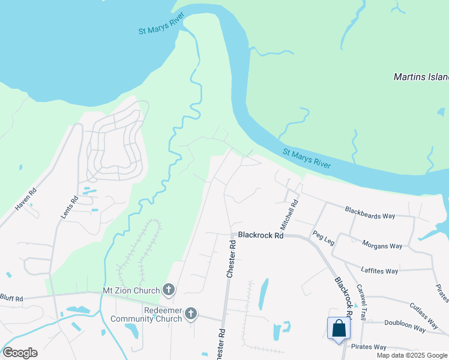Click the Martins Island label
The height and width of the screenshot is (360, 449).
pos(421,77)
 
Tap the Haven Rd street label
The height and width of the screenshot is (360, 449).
pos(26,197)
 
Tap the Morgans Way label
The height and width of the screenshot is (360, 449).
pos(382,245)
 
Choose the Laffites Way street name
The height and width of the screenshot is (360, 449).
pos(379,271)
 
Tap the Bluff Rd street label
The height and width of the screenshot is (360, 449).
pos(11,298)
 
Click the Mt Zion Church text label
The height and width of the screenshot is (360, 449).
pos(131,290)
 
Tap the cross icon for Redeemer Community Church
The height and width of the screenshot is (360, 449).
pos(191,313)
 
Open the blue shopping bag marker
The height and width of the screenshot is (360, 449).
pos(339,329)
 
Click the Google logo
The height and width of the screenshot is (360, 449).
pos(20,353)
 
